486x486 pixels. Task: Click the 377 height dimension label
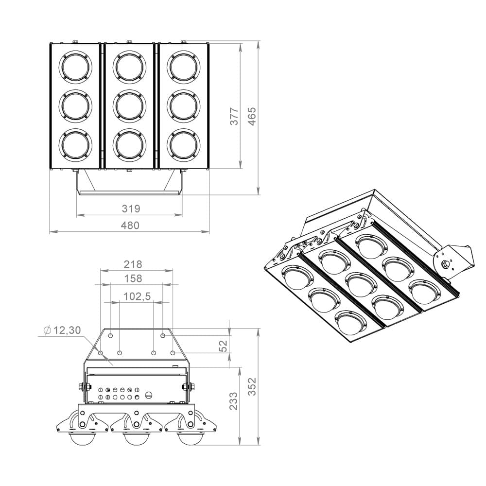[235, 116]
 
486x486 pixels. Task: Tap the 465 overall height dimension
[252, 116]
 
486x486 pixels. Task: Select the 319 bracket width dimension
[131, 208]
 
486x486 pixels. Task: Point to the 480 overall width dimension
[130, 226]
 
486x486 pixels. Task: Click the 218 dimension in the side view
[133, 264]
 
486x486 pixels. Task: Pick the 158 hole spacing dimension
[133, 278]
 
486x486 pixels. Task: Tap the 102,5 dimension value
[137, 296]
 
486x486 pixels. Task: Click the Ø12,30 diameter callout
[62, 330]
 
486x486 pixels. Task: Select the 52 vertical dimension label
[223, 346]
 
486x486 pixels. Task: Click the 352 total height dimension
[252, 386]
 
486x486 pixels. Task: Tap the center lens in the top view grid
[130, 105]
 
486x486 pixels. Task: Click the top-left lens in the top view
[76, 67]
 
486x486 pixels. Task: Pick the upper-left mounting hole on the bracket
[110, 336]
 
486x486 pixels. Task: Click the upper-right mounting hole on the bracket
[163, 336]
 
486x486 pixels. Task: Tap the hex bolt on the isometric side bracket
[445, 264]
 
